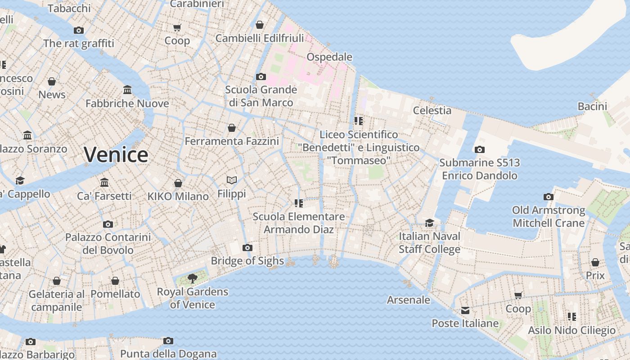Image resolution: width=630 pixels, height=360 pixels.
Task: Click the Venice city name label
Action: [116, 154]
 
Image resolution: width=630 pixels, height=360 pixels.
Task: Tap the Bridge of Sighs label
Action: [247, 261]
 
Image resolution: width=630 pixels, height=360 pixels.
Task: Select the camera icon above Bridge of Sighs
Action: [247, 247]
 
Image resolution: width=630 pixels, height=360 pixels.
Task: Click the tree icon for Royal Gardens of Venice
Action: [193, 278]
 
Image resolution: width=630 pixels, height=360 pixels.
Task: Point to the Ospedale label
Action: [329, 57]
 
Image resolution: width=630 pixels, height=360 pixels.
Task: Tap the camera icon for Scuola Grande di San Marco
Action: [261, 76]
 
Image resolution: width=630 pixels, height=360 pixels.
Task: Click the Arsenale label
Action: [409, 300]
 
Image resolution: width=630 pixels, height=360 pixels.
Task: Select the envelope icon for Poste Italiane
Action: [465, 310]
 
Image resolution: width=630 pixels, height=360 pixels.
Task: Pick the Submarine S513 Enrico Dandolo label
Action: [480, 169]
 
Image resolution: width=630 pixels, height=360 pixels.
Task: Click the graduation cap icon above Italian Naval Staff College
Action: [429, 223]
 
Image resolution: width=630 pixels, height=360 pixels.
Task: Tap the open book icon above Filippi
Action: [232, 180]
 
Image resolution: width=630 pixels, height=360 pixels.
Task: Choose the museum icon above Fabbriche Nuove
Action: [127, 90]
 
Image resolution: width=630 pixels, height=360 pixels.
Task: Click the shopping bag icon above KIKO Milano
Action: [178, 183]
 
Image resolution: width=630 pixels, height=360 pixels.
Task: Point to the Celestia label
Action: [432, 110]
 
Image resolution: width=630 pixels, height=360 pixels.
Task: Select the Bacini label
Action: [592, 107]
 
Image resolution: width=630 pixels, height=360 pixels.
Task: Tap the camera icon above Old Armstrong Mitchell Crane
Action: [548, 197]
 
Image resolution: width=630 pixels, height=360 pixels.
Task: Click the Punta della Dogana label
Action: [168, 354]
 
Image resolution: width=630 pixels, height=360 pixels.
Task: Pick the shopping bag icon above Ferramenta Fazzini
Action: [232, 128]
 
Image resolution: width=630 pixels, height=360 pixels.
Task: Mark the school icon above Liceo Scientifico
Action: [359, 121]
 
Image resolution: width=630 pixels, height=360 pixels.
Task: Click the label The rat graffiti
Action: [79, 44]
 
